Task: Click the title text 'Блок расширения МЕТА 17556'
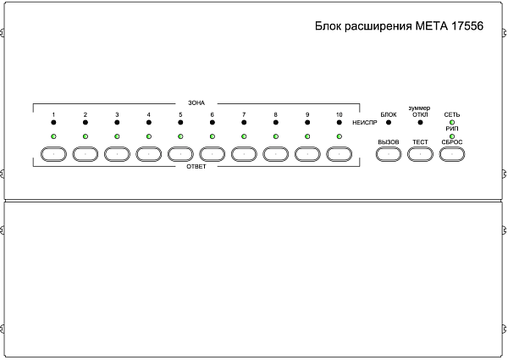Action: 399,27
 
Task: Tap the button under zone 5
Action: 180,154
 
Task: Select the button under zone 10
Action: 340,154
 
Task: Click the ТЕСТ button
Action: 420,154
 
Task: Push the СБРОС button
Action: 452,154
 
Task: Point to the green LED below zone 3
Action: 117,136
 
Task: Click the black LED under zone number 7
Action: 244,124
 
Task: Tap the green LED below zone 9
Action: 307,136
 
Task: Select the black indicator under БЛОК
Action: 389,124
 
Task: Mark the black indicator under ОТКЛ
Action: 420,124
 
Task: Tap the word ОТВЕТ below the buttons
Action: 196,167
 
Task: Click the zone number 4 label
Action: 148,114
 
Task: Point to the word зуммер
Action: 420,108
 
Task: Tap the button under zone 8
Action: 276,154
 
